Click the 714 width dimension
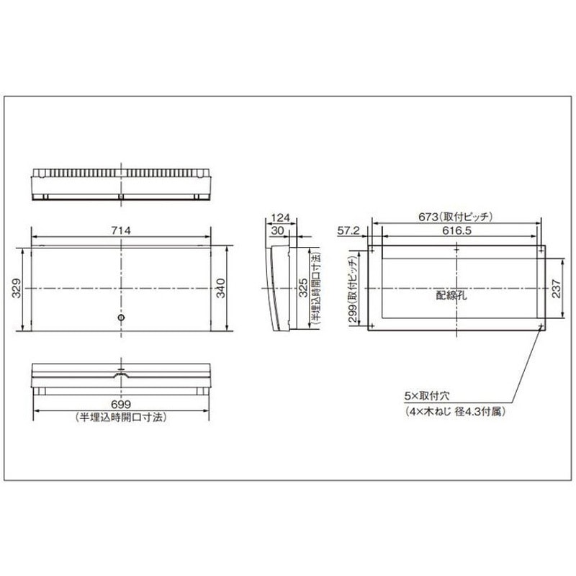121,230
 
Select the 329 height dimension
17,289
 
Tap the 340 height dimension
220,289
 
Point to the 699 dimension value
121,405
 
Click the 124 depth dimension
281,218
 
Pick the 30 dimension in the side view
277,230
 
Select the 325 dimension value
303,288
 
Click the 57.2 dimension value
348,230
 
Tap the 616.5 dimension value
456,230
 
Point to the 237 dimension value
556,289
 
